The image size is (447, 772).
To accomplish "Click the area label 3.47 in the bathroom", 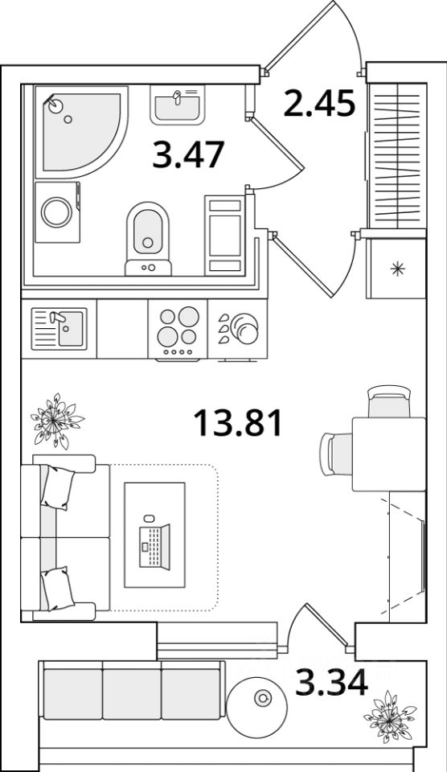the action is pyautogui.click(x=188, y=154).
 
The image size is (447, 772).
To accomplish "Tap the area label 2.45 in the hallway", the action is pyautogui.click(x=319, y=104).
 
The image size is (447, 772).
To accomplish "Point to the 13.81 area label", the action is pyautogui.click(x=238, y=424).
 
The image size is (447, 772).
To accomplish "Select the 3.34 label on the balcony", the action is pyautogui.click(x=331, y=683).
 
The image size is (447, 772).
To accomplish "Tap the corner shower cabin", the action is pyautogui.click(x=81, y=131).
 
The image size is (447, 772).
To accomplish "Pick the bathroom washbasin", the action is pyautogui.click(x=177, y=105).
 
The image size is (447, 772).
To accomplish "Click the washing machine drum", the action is pyautogui.click(x=56, y=212).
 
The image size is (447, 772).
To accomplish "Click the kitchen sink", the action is pyautogui.click(x=59, y=329).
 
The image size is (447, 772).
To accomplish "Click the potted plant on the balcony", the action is pyautogui.click(x=389, y=717).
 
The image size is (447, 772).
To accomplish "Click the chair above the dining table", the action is pyautogui.click(x=389, y=401).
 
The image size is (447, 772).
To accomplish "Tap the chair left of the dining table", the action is pyautogui.click(x=336, y=454).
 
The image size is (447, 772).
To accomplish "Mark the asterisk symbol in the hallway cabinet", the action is pyautogui.click(x=397, y=269).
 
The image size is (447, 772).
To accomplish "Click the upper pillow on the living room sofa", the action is pyautogui.click(x=57, y=487).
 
